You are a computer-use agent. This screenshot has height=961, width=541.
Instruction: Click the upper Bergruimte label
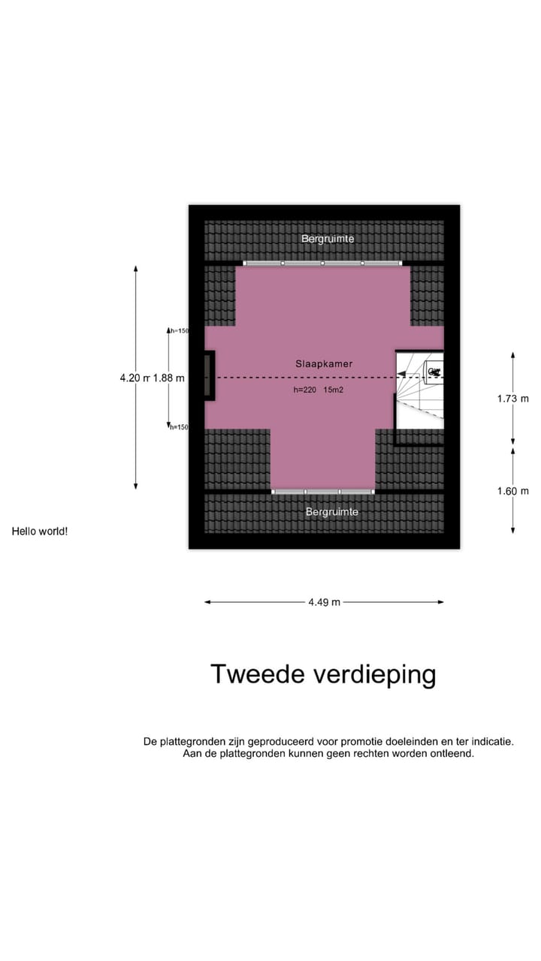tap(328, 239)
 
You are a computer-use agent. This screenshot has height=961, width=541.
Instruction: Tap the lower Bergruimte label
tap(331, 512)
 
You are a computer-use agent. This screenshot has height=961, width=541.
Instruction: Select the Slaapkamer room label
tap(323, 363)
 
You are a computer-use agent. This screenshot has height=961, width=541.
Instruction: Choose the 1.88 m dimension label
tap(169, 378)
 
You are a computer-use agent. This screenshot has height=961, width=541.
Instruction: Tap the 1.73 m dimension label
tap(512, 399)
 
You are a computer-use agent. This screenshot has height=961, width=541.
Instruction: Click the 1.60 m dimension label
tap(512, 491)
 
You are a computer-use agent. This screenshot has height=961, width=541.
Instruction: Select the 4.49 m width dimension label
tap(324, 602)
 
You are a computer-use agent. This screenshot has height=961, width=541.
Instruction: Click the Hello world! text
tap(40, 532)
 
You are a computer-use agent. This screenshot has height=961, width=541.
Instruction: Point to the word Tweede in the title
tap(257, 674)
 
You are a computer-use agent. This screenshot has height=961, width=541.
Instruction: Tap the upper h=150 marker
tap(179, 330)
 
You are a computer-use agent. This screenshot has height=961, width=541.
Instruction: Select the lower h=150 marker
tap(179, 427)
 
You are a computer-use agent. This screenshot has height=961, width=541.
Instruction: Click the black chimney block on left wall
tap(209, 375)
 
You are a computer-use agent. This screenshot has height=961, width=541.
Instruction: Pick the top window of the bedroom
tap(322, 264)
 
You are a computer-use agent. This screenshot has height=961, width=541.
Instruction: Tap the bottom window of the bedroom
tap(322, 492)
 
